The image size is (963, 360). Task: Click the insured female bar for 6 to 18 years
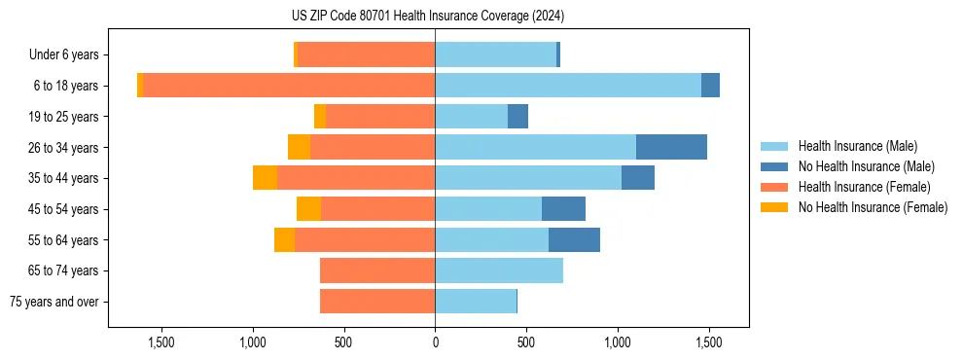[x=289, y=86]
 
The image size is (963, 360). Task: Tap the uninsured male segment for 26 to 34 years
[x=671, y=147]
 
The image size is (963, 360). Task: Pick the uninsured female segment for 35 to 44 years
[x=265, y=178]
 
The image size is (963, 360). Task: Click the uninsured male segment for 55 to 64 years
[x=574, y=239]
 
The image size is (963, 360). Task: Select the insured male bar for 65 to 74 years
[x=499, y=270]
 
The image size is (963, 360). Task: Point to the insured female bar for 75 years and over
[x=377, y=302]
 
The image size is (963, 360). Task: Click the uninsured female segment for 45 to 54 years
[x=308, y=209]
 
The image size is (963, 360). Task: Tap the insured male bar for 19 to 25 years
[x=472, y=117]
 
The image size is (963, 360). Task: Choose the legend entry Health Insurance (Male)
[x=857, y=147]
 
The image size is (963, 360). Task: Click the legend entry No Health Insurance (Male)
[x=866, y=166]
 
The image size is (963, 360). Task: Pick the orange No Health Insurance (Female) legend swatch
[x=773, y=207]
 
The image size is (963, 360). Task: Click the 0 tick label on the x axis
[x=435, y=342]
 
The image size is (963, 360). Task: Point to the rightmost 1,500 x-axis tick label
[x=709, y=342]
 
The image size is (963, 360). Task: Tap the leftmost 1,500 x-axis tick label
[x=160, y=342]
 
